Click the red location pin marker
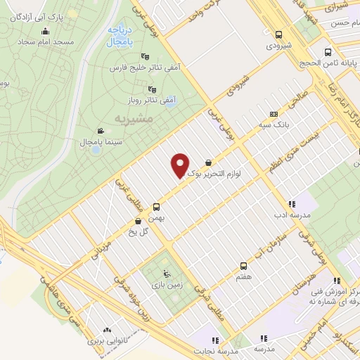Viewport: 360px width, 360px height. click(180, 165)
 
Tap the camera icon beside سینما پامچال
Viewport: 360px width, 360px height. click(101, 131)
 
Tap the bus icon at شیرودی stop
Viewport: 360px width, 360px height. click(279, 34)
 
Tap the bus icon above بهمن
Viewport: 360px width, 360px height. click(156, 207)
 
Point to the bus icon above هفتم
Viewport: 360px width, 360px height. click(243, 266)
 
